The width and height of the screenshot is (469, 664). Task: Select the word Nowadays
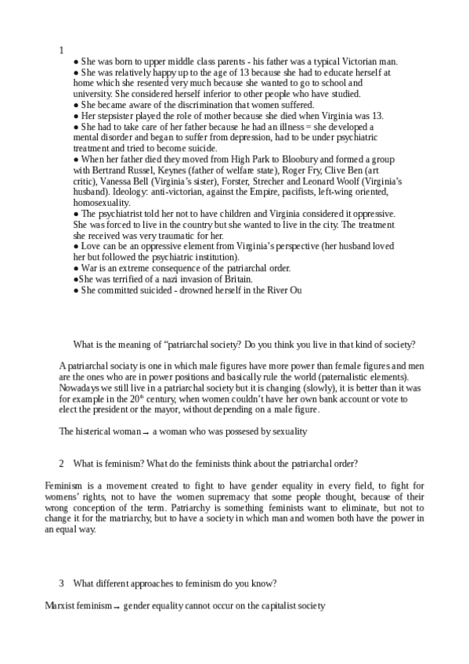tap(81, 387)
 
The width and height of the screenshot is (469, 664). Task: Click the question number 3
tap(61, 583)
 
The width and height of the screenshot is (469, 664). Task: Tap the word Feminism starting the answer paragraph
tap(65, 485)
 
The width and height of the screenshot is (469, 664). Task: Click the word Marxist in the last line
tap(63, 606)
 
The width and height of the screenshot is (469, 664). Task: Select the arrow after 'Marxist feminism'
tap(117, 607)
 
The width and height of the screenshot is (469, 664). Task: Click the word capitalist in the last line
tap(272, 606)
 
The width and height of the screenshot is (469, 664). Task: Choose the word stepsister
tap(117, 116)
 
